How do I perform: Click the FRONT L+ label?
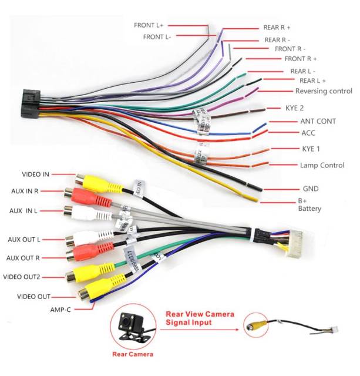pos(149,25)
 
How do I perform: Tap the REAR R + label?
pos(277,28)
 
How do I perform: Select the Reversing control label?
pos(324,91)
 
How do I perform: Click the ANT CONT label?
pos(318,121)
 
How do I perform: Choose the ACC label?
pos(308,133)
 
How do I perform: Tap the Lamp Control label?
pos(322,165)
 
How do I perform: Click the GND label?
pos(309,189)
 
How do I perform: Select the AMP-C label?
pos(60,309)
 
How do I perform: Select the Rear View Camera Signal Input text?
pos(200,318)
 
